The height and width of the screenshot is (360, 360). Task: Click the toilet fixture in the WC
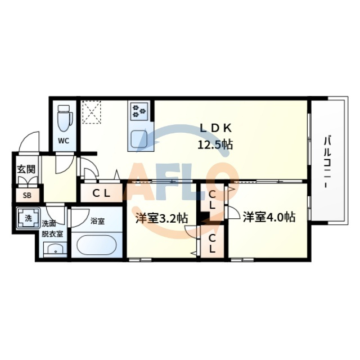[65, 119]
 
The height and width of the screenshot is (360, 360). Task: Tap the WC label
[64, 141]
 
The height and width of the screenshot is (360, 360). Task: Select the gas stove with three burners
[139, 111]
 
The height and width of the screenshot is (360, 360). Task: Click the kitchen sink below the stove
[139, 138]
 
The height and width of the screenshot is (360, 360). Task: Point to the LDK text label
[216, 128]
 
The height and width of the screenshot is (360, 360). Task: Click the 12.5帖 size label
[215, 145]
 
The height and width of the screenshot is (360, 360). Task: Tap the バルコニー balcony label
[327, 163]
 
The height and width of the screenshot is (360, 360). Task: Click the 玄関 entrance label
[26, 169]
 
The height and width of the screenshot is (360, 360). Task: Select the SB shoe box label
[27, 195]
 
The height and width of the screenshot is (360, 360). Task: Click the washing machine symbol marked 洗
[28, 218]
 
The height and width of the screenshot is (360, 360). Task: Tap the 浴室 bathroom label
[97, 221]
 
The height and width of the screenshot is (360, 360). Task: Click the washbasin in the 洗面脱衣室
[55, 249]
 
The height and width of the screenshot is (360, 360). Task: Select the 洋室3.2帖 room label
[161, 218]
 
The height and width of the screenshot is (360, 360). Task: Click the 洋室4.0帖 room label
[269, 217]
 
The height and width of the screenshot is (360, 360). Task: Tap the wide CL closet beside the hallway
[101, 193]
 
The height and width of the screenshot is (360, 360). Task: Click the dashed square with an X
[92, 112]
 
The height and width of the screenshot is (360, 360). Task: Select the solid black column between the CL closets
[205, 218]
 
